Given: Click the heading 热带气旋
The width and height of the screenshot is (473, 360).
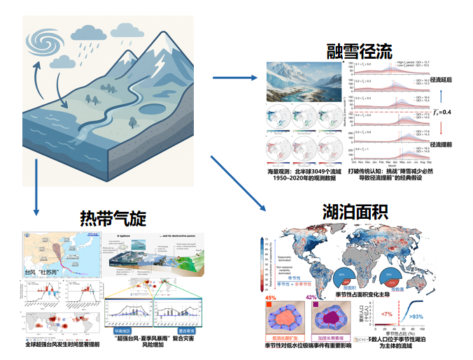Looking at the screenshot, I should point(113,219).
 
